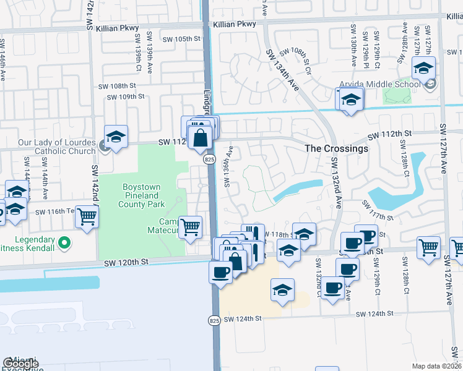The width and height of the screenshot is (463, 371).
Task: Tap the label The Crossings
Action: [x=336, y=148]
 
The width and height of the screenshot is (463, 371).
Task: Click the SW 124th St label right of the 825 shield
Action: [x=244, y=319]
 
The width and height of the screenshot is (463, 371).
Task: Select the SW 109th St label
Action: [x=123, y=96]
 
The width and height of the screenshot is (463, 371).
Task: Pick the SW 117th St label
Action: [x=377, y=210]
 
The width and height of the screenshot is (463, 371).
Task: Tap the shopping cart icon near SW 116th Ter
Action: [x=87, y=216]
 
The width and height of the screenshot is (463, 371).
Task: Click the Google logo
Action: [x=20, y=364]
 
